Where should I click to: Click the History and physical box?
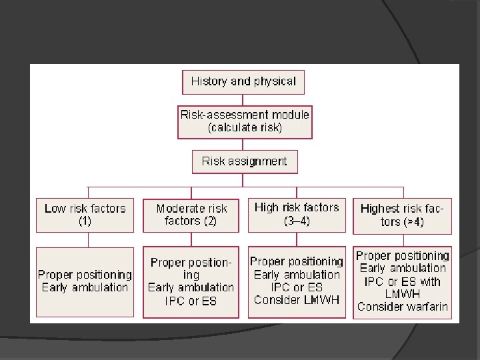click(x=243, y=81)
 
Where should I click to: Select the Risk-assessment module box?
click(x=244, y=121)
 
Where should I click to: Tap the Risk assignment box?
click(x=245, y=161)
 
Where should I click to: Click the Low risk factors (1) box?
click(x=85, y=215)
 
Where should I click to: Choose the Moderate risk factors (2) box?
click(x=191, y=215)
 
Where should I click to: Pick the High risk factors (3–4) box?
click(x=297, y=214)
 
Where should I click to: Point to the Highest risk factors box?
click(x=402, y=215)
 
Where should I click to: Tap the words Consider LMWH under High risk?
click(x=297, y=299)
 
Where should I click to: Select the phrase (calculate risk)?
click(x=245, y=127)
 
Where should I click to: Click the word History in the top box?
click(x=209, y=81)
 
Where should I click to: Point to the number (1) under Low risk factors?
click(x=85, y=221)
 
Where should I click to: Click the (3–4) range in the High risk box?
click(x=297, y=221)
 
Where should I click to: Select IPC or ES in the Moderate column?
click(x=191, y=300)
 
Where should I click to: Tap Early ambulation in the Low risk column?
click(x=85, y=287)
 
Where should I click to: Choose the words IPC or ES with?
click(x=402, y=281)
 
